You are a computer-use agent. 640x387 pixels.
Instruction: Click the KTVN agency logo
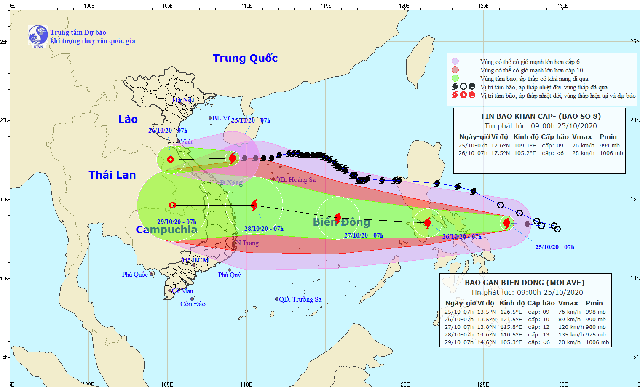tap(38, 35)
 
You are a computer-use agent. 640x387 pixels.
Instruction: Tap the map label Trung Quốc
tap(245, 58)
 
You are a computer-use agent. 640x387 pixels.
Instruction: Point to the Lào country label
tap(128, 120)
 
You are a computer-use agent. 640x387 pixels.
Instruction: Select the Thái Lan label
tap(112, 175)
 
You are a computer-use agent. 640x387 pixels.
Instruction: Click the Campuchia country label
tap(166, 230)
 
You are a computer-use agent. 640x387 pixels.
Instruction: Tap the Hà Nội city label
tap(183, 100)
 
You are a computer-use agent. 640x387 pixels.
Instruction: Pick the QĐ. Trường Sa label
tap(300, 299)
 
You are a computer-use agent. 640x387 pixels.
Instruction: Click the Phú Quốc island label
tap(135, 275)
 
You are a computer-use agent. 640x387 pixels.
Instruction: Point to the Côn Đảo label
tap(193, 304)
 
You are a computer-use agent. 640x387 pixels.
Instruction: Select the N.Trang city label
tap(247, 243)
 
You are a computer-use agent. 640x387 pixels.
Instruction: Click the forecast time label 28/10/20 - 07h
tap(264, 229)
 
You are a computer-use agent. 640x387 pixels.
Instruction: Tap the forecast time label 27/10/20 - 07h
tap(364, 235)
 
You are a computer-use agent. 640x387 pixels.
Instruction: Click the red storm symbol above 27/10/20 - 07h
tap(338, 218)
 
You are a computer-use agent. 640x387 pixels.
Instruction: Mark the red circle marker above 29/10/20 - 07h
tap(172, 206)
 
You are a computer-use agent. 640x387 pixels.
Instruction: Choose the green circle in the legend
tap(455, 78)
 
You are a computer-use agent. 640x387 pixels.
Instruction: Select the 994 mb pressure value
tap(609, 146)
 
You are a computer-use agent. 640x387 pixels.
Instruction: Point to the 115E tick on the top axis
tap(325, 5)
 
